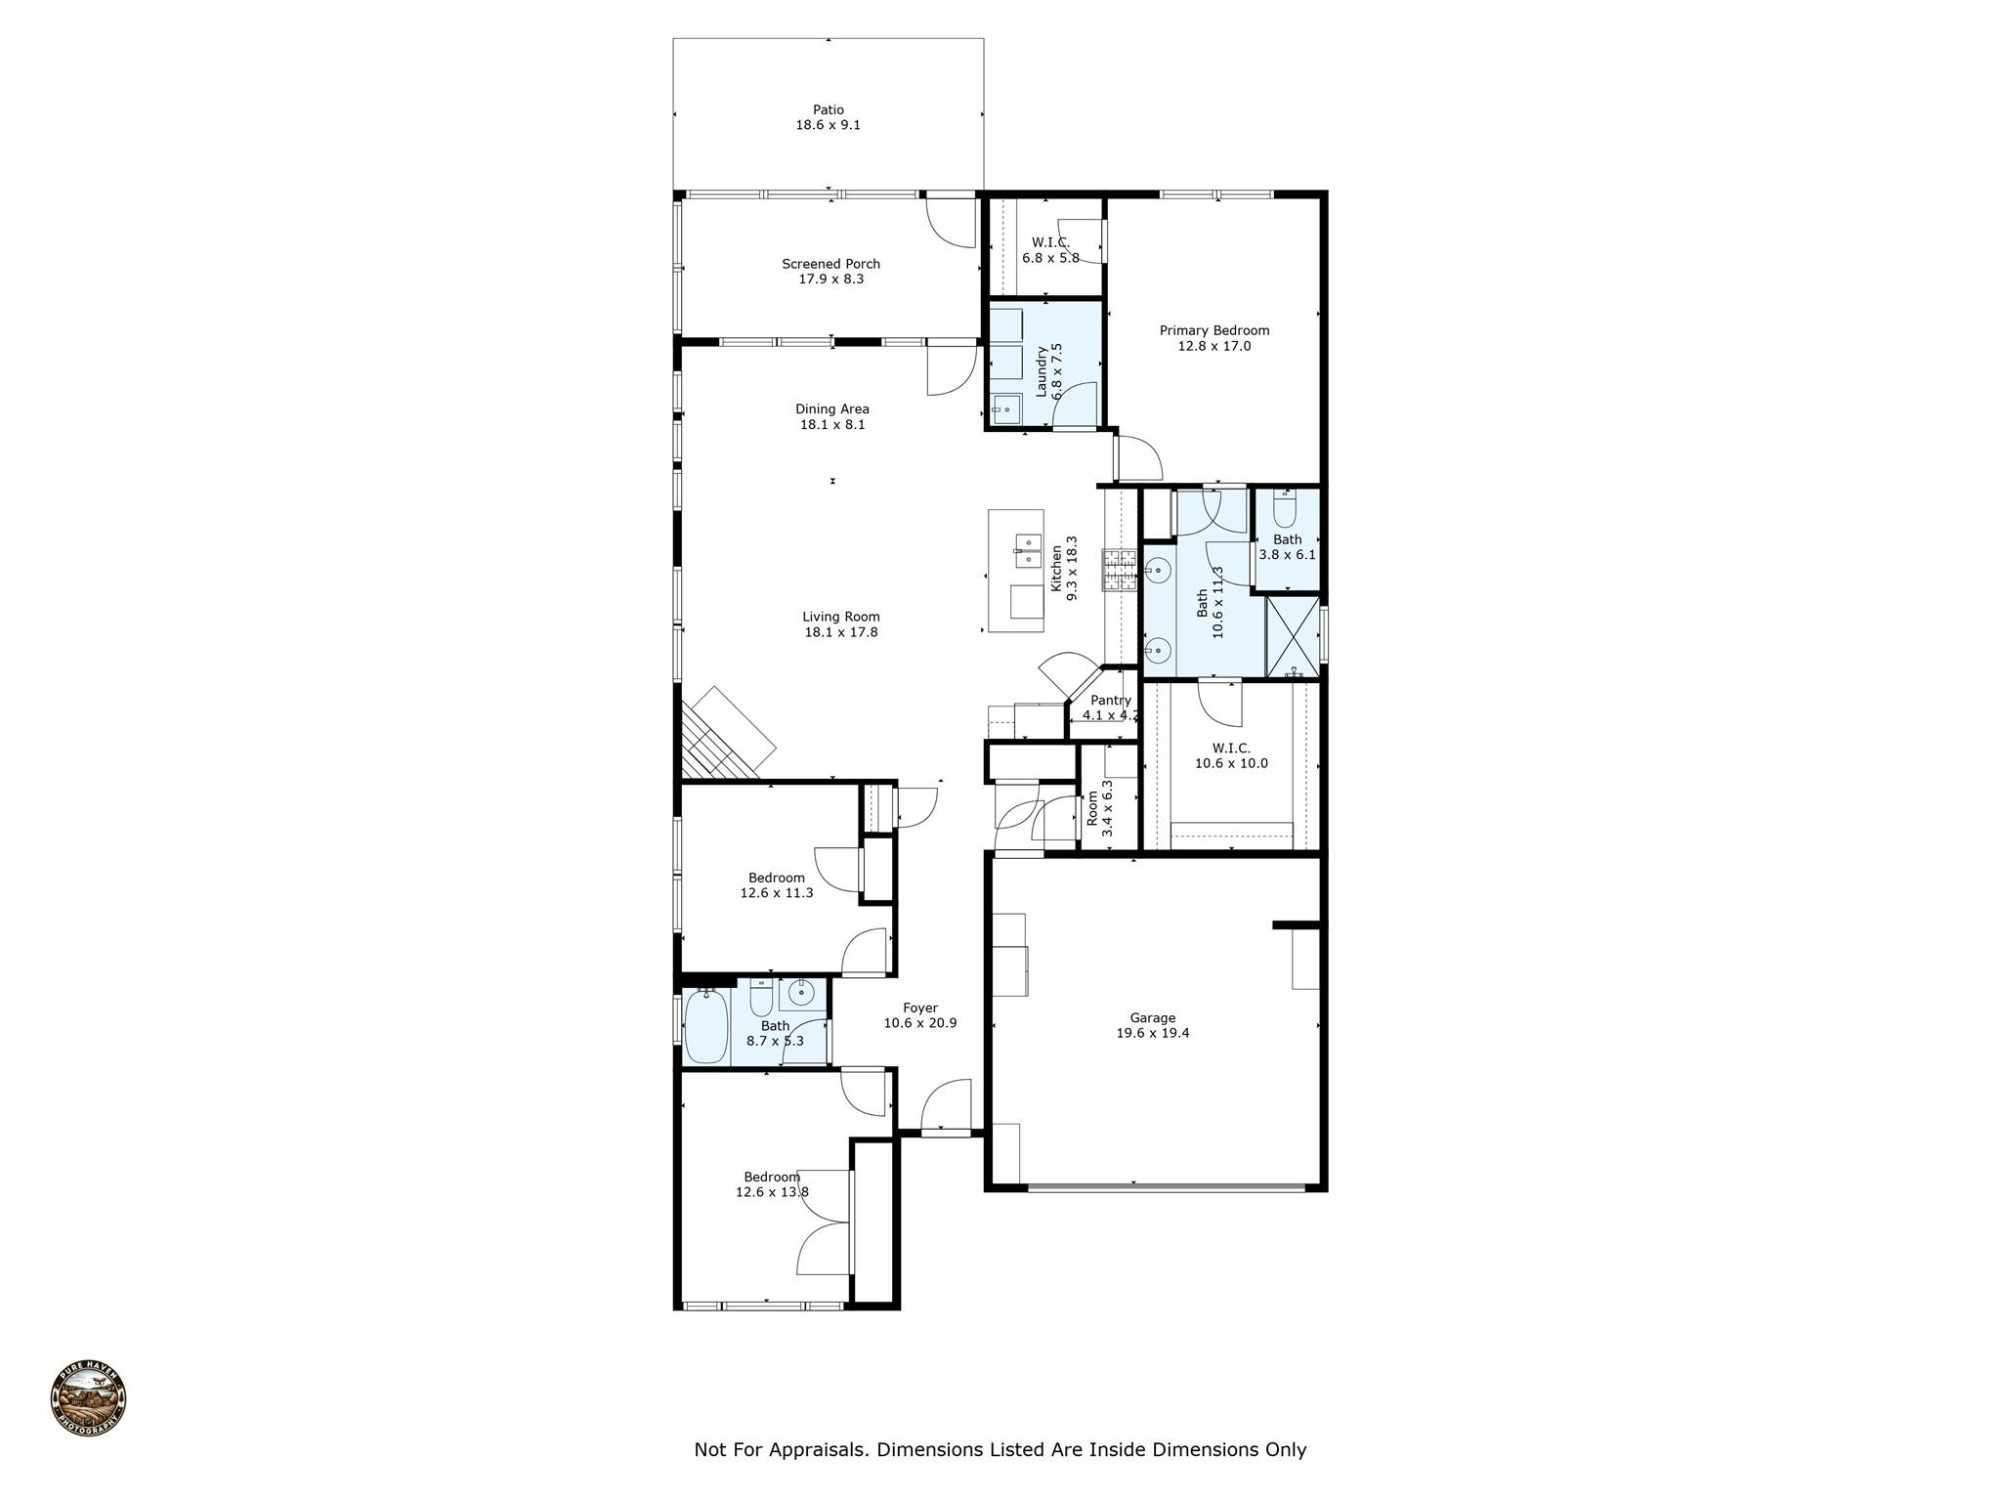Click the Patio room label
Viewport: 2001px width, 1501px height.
828,110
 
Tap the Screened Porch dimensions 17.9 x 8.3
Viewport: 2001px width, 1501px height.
830,279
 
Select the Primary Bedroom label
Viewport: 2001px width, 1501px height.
1214,331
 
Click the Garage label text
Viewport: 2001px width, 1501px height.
1153,1018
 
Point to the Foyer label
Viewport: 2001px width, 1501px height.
919,1008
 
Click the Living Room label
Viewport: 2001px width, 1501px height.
841,617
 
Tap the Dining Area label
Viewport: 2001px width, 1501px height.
831,409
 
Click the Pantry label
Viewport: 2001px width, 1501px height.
1111,701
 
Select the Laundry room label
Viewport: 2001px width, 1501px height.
1042,371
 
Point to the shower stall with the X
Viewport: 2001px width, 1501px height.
1292,636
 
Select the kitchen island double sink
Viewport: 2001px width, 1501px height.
1026,551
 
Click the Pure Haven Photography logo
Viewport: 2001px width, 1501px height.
89,1400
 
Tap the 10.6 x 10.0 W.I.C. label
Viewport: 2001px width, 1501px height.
1231,756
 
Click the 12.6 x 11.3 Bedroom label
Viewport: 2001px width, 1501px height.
777,885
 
